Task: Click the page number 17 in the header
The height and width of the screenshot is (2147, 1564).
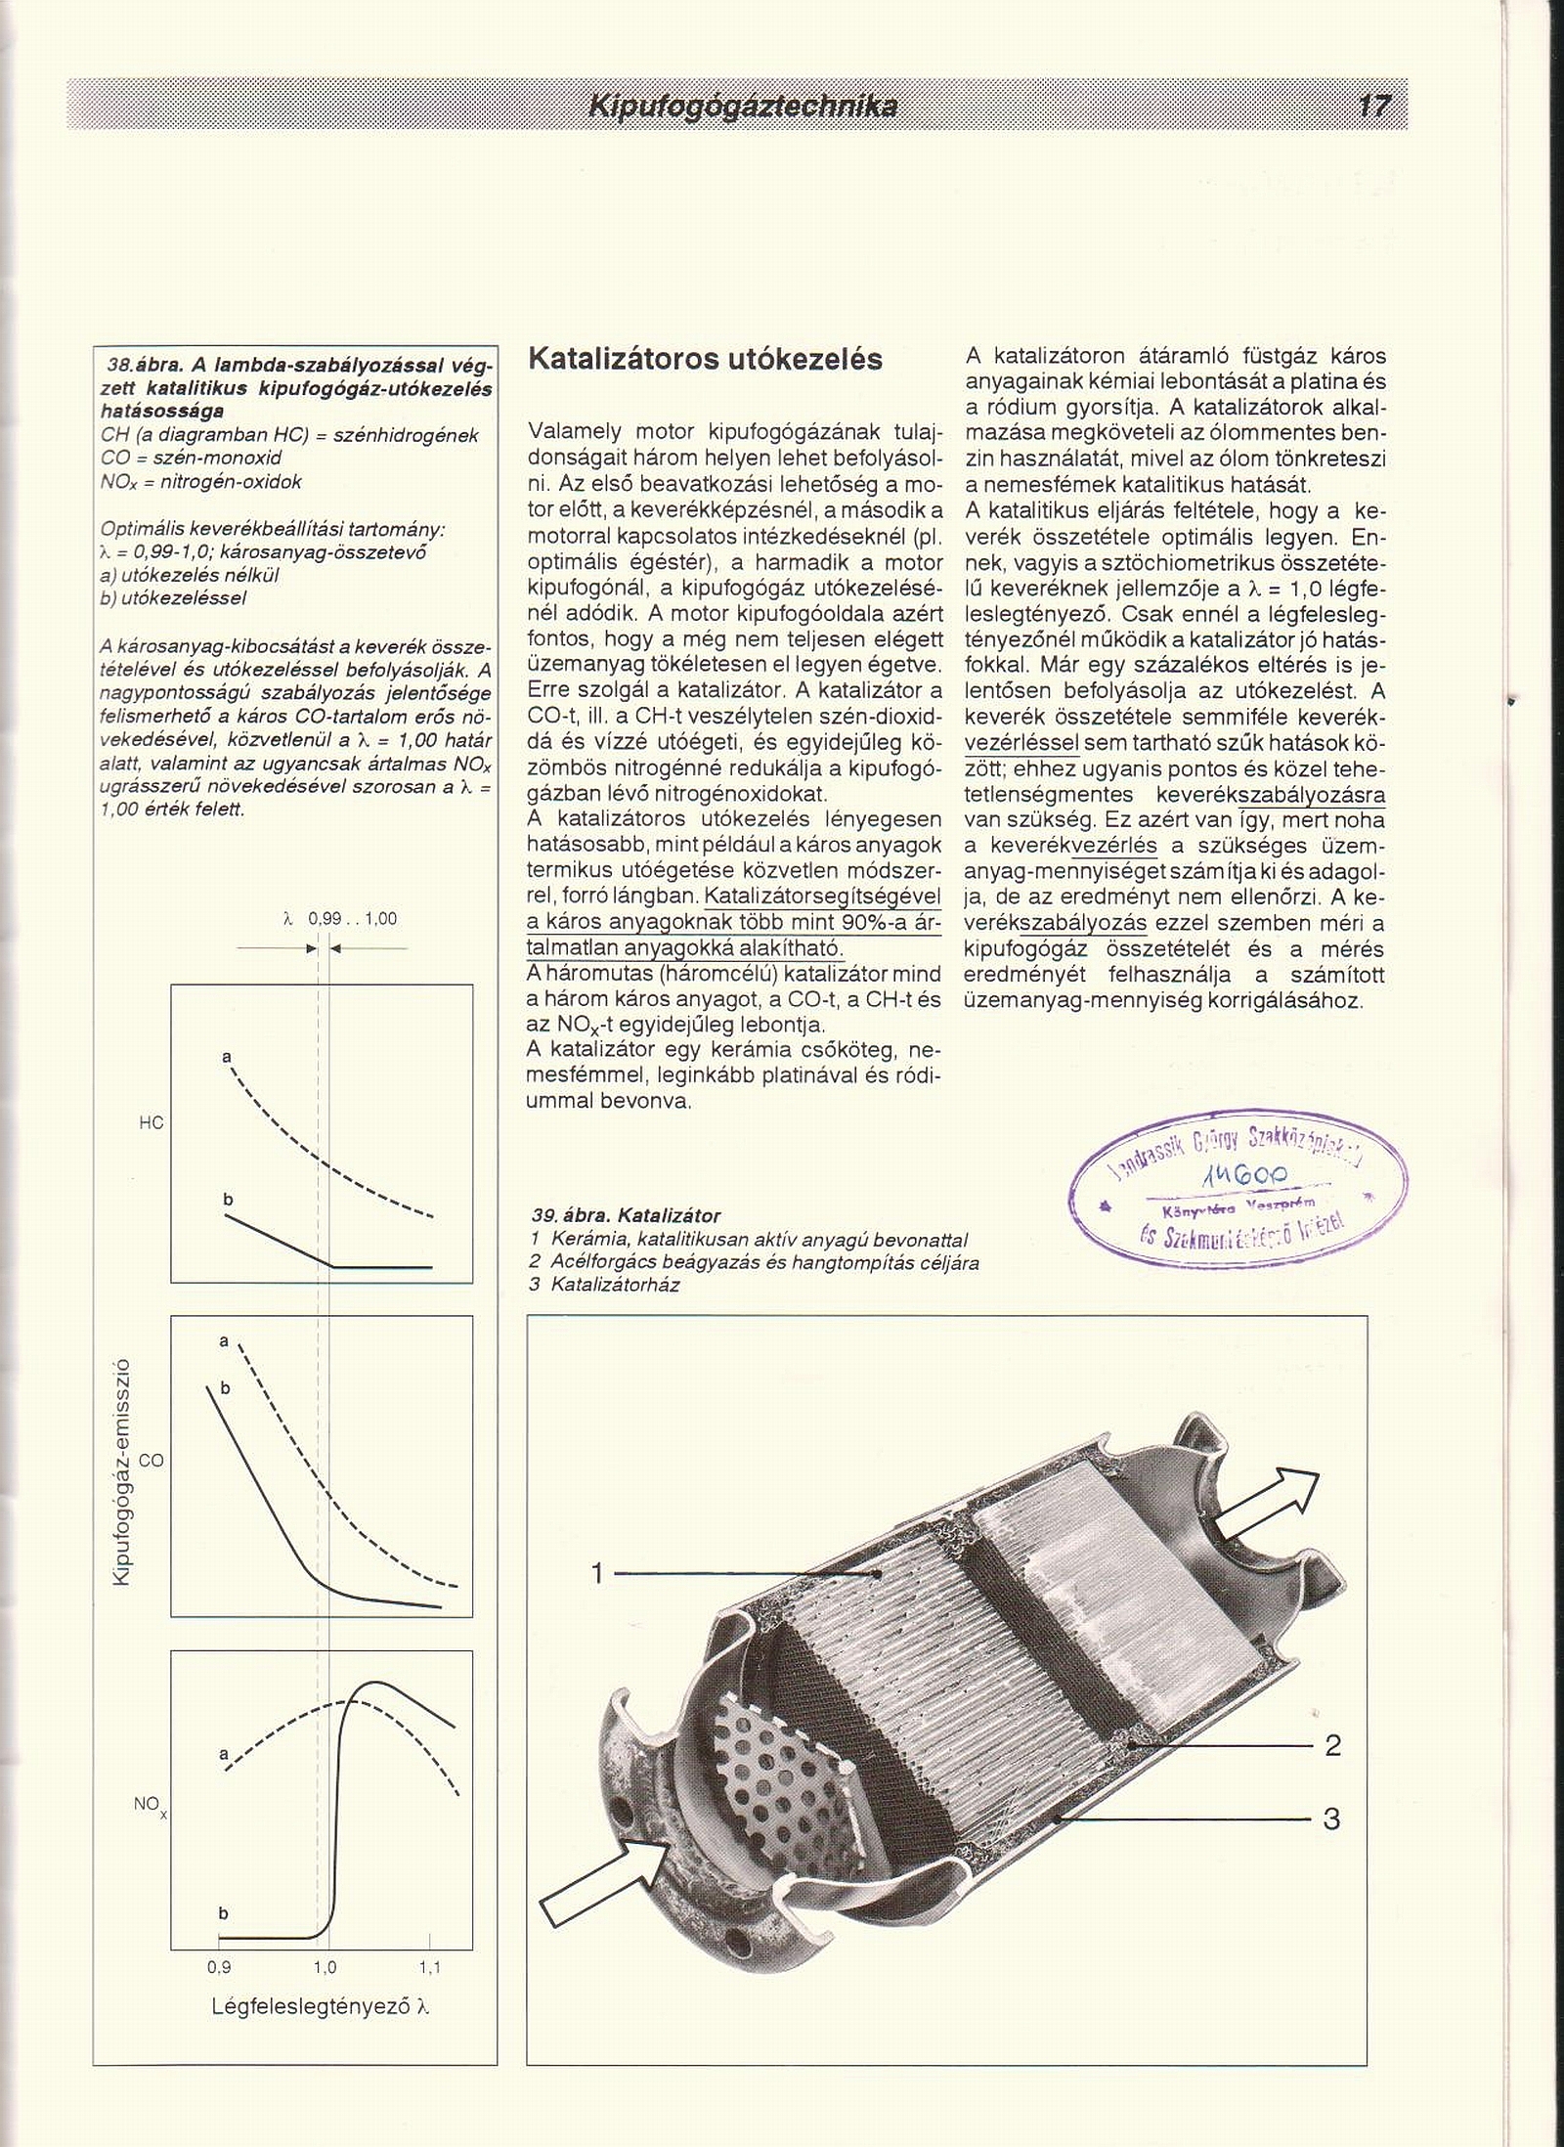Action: pos(1372,106)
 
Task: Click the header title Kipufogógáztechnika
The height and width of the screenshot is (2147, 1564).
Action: pos(742,106)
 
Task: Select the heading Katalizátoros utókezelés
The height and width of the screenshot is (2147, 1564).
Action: pos(705,359)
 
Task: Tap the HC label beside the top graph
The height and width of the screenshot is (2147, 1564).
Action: pos(151,1123)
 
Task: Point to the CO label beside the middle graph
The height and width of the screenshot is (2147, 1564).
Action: pos(152,1461)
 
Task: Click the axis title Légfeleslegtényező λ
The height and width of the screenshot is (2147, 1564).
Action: pos(321,2006)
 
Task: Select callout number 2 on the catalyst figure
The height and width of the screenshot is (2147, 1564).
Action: pos(1332,1745)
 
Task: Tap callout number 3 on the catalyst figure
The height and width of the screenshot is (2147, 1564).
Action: pos(1331,1819)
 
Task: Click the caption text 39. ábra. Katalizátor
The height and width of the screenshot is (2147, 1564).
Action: pos(626,1216)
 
